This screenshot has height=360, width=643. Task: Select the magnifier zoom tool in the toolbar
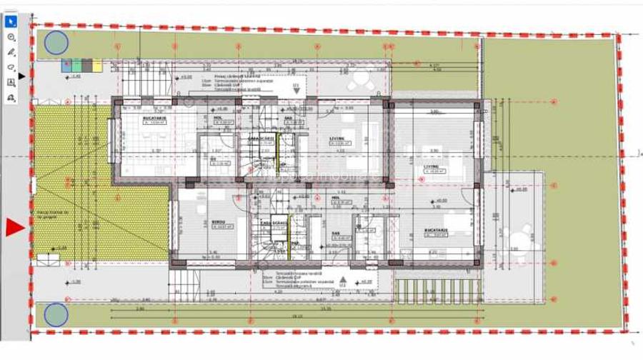11,37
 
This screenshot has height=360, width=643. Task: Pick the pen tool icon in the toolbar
11,52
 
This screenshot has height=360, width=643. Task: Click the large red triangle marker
15,228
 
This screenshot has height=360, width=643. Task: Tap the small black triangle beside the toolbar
21,75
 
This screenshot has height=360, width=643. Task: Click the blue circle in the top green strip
56,43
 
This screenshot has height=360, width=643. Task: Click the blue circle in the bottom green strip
56,315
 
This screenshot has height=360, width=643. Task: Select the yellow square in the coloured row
97,65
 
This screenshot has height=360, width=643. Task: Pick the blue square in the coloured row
66,65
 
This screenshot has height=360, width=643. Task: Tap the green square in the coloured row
76,65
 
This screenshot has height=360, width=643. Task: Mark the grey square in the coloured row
86,65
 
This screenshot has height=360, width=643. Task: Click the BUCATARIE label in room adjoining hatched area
154,119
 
